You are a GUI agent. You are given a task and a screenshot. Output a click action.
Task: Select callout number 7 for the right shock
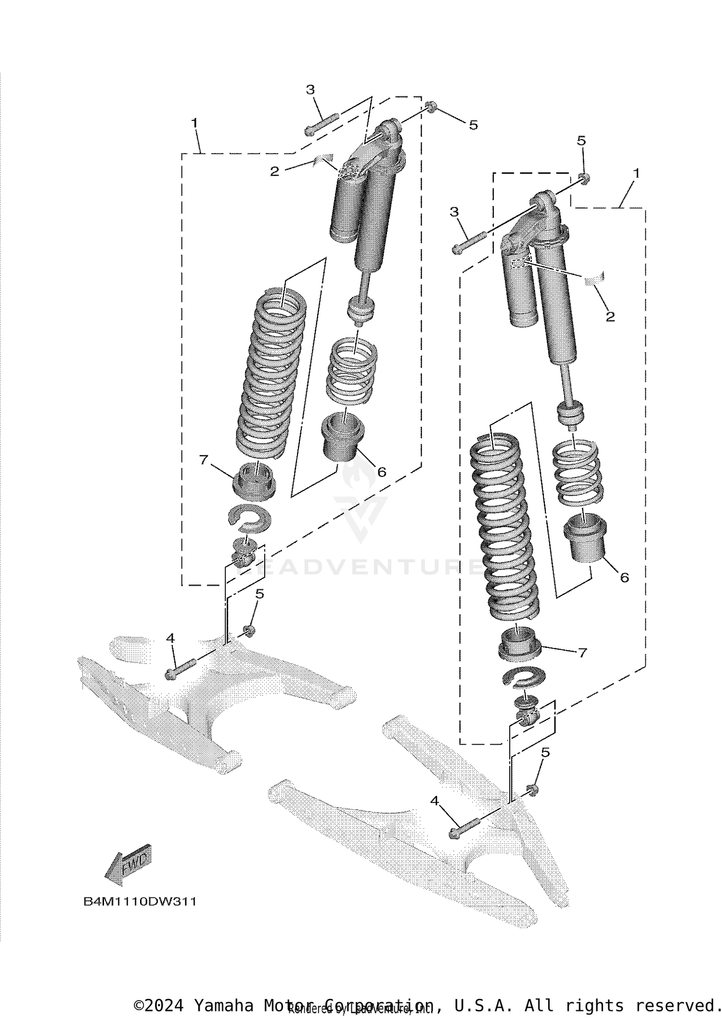[x=582, y=653]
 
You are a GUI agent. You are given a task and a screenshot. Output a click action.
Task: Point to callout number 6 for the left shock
[x=381, y=472]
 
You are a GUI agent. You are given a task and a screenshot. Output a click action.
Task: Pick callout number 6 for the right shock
[x=624, y=578]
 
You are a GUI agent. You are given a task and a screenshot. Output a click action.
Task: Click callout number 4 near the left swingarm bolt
[x=170, y=638]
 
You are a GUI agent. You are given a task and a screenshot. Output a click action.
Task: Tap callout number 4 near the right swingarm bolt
[x=435, y=801]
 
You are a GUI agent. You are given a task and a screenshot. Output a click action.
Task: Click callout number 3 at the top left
[x=310, y=90]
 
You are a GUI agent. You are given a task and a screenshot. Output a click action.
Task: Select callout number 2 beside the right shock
[x=610, y=317]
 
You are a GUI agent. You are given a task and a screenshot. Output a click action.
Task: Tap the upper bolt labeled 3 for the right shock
[x=470, y=242]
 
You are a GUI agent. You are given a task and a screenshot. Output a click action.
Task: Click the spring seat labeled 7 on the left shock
[x=254, y=481]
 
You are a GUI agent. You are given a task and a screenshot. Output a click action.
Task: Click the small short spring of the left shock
[x=352, y=370]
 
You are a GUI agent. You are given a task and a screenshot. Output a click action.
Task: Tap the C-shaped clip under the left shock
[x=249, y=519]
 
